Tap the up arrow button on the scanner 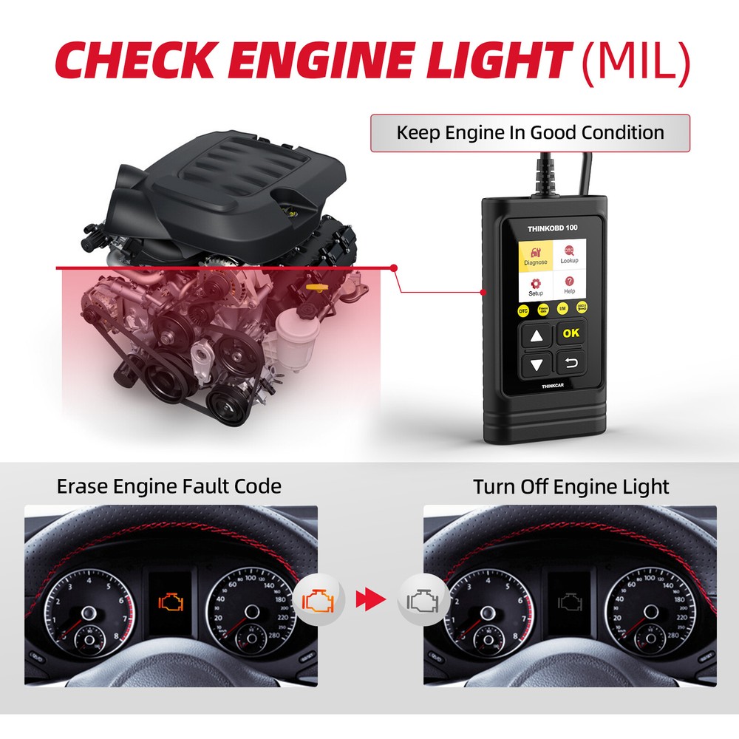click(537, 335)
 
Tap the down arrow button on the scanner click(537, 364)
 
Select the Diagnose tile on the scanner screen click(536, 254)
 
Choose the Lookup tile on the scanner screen click(569, 254)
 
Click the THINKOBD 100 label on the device click(552, 227)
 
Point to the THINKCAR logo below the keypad click(553, 386)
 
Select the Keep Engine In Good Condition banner click(530, 133)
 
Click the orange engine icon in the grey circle click(318, 599)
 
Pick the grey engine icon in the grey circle click(422, 599)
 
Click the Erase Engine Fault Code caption click(169, 486)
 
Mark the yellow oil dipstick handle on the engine click(316, 285)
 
